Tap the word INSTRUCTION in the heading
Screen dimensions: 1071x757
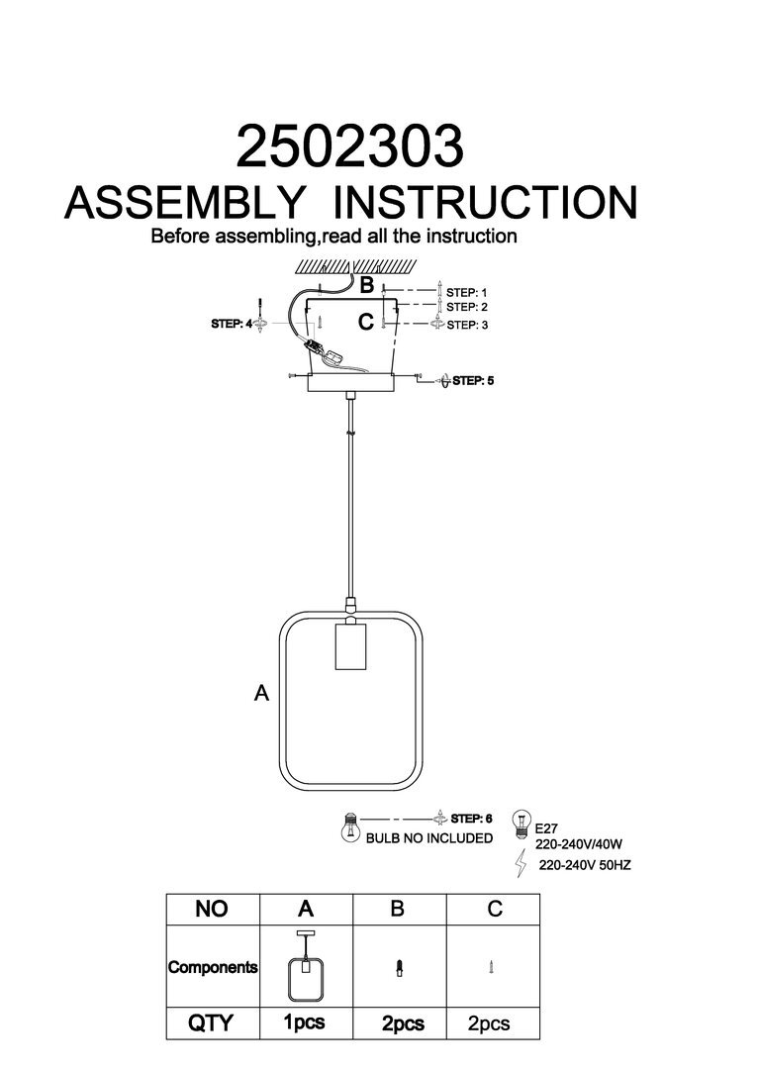click(x=484, y=203)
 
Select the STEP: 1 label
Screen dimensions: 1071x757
click(x=467, y=293)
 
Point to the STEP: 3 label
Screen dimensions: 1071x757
click(x=467, y=325)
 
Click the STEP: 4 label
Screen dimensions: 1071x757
click(x=233, y=323)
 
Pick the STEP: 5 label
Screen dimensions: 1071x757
click(x=473, y=380)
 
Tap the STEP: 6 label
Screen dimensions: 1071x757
click(x=471, y=819)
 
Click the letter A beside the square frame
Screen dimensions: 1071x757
click(x=261, y=694)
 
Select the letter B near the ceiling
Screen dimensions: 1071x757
click(x=366, y=286)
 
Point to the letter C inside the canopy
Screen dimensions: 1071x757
click(x=366, y=322)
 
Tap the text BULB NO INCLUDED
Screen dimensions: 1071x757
click(x=429, y=838)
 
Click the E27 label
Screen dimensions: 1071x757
click(x=547, y=829)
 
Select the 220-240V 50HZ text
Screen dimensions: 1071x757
click(x=585, y=864)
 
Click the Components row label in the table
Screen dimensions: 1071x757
click(x=213, y=967)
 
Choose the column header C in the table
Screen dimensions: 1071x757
click(x=494, y=908)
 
